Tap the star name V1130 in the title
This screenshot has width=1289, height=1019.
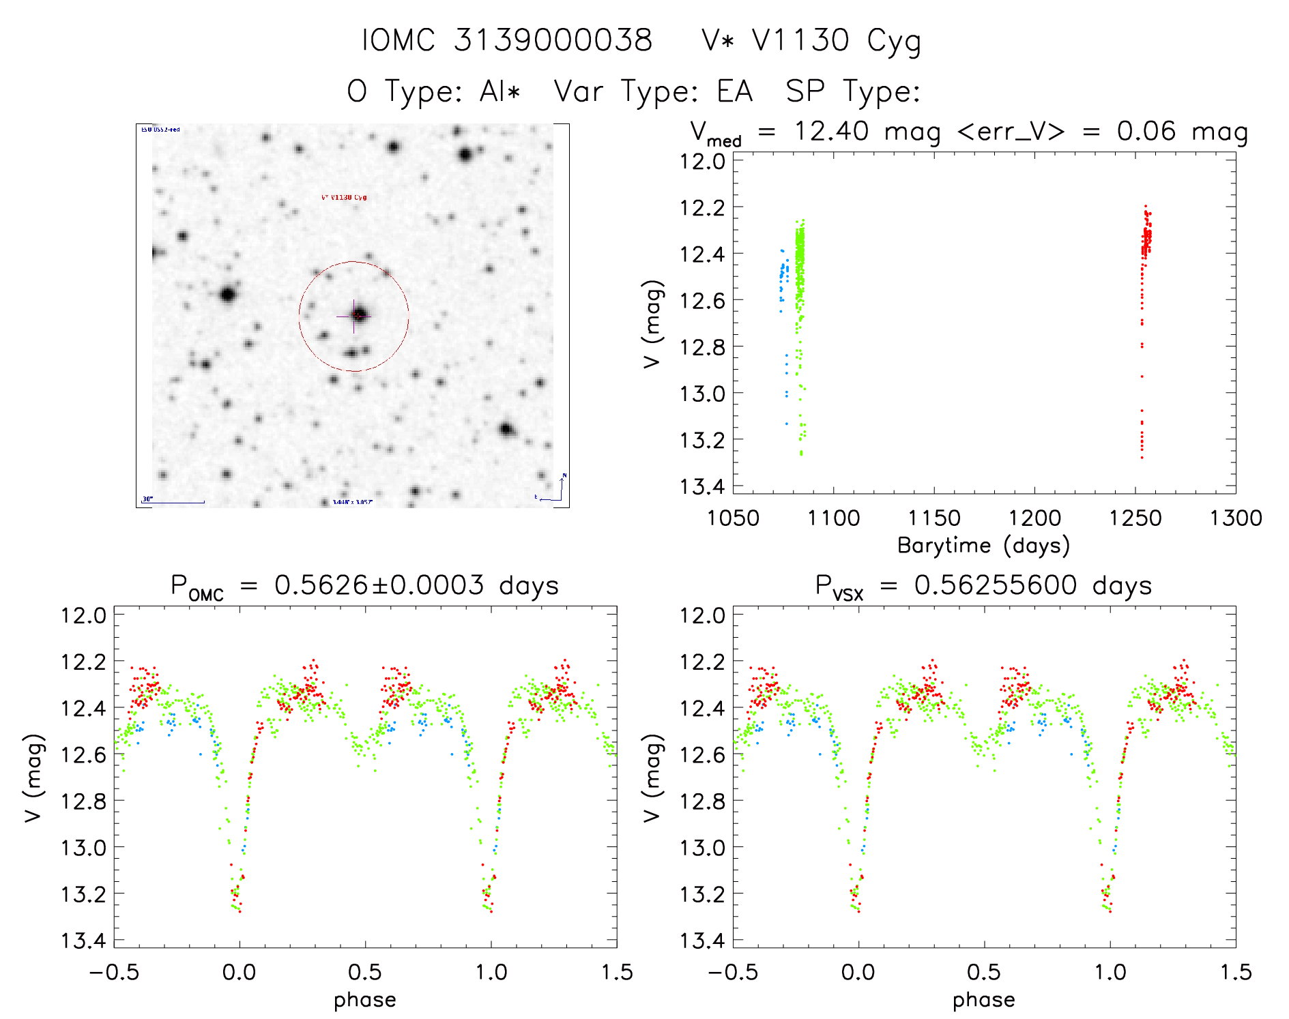click(800, 40)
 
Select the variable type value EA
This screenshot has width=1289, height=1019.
click(734, 91)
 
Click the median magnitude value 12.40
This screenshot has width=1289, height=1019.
click(831, 131)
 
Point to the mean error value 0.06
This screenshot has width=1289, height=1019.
click(1146, 131)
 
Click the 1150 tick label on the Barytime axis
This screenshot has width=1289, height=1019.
click(933, 518)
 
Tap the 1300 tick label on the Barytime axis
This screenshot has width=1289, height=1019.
click(1236, 518)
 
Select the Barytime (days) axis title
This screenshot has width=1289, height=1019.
click(983, 546)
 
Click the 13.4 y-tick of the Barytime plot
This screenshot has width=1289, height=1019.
click(701, 486)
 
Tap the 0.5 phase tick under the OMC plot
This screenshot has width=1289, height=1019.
click(365, 972)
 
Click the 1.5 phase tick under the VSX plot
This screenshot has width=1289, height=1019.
click(1236, 972)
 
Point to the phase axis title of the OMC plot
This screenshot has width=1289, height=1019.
click(365, 1000)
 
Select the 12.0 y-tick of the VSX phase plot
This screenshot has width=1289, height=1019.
click(701, 615)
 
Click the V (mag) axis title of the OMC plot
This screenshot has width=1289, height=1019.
click(34, 778)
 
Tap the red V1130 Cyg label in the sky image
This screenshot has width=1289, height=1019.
click(344, 198)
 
